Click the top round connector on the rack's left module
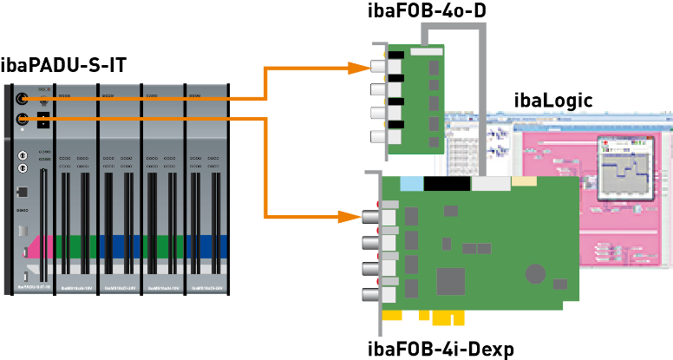pyautogui.click(x=22, y=99)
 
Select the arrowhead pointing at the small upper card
pyautogui.click(x=359, y=67)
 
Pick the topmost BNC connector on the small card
pyautogui.click(x=379, y=67)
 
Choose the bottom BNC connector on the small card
pyautogui.click(x=379, y=136)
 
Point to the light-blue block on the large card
pyautogui.click(x=411, y=183)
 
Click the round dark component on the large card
pyautogui.click(x=535, y=273)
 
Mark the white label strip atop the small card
pyautogui.click(x=425, y=52)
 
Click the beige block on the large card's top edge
pyautogui.click(x=524, y=181)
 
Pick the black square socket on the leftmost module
pyautogui.click(x=23, y=192)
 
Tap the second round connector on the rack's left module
pyautogui.click(x=22, y=119)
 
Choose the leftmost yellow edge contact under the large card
pyautogui.click(x=392, y=316)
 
